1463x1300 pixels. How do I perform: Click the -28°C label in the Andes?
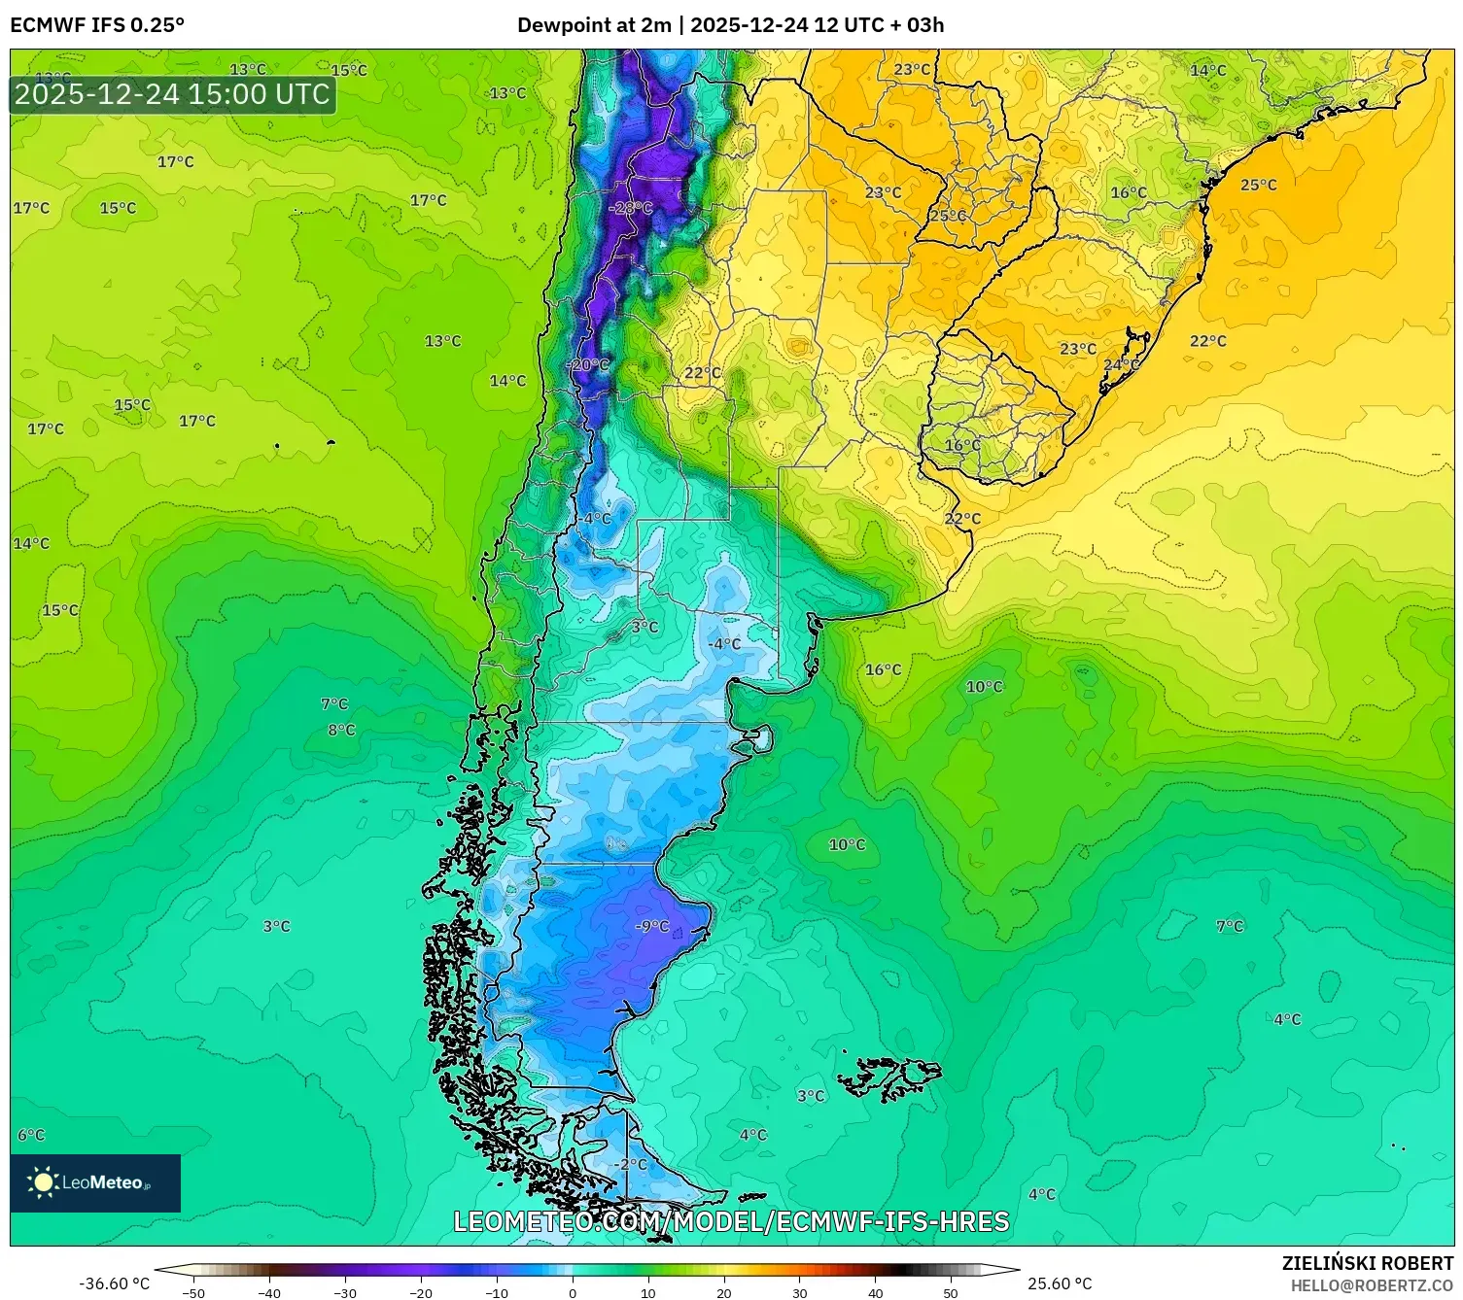630,208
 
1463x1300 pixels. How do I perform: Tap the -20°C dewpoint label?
588,364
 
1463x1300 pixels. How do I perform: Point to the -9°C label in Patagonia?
652,926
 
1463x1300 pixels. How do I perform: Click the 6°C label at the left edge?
31,1135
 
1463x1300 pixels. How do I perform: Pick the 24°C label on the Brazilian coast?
1121,364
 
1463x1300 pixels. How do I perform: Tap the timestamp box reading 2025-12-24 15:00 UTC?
172,94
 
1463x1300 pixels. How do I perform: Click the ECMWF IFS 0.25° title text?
97,25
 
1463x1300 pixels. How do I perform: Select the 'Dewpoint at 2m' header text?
593,25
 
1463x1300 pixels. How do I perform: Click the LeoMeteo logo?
95,1182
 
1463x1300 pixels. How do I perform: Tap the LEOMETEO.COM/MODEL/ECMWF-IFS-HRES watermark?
731,1221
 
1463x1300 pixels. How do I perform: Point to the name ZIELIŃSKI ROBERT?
1367,1263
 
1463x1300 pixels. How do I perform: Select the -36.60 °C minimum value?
114,1283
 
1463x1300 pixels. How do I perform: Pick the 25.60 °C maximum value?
1060,1283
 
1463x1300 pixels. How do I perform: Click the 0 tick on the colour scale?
572,1292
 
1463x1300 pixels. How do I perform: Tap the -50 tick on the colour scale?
193,1292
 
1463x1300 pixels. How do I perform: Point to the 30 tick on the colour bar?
799,1292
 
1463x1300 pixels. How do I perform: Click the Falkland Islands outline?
889,1077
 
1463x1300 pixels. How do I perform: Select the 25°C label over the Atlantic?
1258,185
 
